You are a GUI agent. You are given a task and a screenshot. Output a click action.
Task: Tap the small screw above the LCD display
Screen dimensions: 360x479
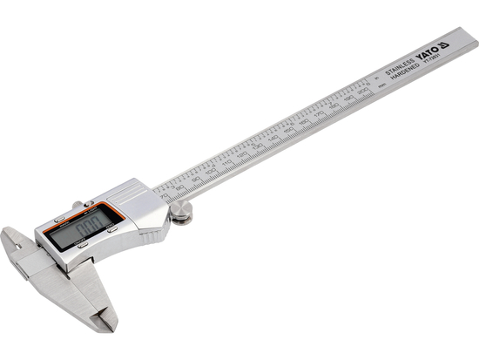77,207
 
